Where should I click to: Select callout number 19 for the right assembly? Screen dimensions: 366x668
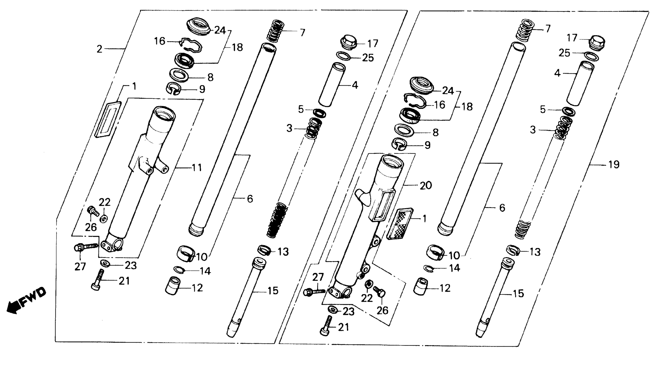[x=614, y=164]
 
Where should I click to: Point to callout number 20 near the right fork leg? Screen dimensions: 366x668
[x=425, y=185]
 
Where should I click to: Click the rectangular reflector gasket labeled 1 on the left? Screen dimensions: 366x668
[x=108, y=119]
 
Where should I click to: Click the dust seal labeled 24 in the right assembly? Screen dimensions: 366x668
[x=421, y=85]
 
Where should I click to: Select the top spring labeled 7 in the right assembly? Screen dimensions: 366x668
[x=524, y=30]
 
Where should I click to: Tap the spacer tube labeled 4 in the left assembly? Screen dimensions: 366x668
[x=332, y=84]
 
